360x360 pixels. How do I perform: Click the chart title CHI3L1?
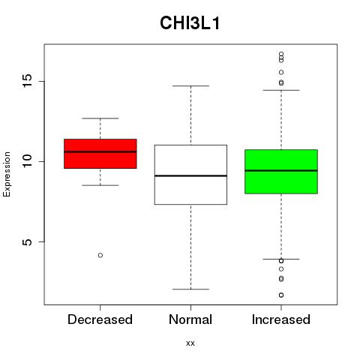(x=190, y=23)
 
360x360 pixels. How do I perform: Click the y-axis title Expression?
(x=7, y=175)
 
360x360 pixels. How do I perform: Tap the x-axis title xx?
(x=190, y=343)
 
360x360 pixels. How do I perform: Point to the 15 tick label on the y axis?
(x=28, y=81)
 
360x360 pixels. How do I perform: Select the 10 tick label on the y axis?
(x=28, y=161)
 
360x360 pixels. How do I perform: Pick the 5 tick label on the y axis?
(x=28, y=241)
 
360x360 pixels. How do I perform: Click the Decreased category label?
(x=100, y=319)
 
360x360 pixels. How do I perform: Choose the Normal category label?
(x=190, y=319)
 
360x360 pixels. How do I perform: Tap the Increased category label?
(x=281, y=319)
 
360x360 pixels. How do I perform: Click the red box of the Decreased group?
(x=100, y=160)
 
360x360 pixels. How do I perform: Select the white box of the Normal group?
(x=190, y=190)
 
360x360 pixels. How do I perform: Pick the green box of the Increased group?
(x=281, y=182)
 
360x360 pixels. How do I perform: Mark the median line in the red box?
(x=100, y=151)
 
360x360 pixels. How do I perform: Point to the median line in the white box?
(x=190, y=175)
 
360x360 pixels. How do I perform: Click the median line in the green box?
(x=281, y=170)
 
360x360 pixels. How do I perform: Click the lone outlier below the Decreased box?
(x=100, y=255)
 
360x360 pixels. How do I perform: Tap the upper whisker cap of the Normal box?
(x=190, y=85)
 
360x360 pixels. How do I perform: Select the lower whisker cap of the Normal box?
(x=190, y=289)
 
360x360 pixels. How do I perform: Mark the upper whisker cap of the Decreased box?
(x=100, y=118)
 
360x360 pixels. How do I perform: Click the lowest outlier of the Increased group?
(x=281, y=295)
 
